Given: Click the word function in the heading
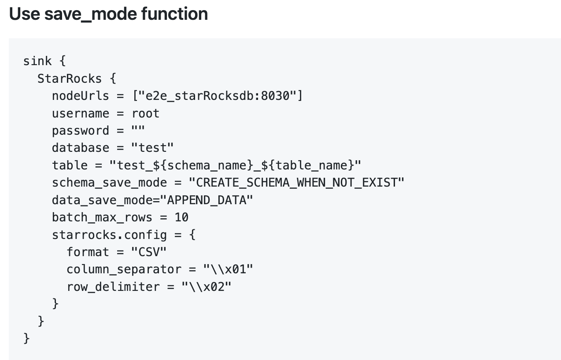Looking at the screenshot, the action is pyautogui.click(x=174, y=14).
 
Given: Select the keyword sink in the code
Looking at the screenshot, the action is pyautogui.click(x=37, y=61).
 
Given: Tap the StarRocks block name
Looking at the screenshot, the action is pyautogui.click(x=70, y=79).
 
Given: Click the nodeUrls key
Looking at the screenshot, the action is pyautogui.click(x=81, y=96).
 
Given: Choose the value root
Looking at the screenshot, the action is pyautogui.click(x=145, y=114).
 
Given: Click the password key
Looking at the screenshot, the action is pyautogui.click(x=81, y=131).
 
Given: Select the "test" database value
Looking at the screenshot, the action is pyautogui.click(x=152, y=148).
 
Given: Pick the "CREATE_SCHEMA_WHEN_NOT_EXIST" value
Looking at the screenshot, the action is pyautogui.click(x=296, y=183).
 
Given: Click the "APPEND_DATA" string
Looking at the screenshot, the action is pyautogui.click(x=207, y=200).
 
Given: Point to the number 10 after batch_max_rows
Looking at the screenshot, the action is pyautogui.click(x=181, y=217).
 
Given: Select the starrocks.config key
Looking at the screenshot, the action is pyautogui.click(x=109, y=235).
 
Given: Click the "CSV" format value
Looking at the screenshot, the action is pyautogui.click(x=149, y=252).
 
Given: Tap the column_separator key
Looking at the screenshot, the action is pyautogui.click(x=124, y=270).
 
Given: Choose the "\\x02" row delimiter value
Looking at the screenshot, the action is pyautogui.click(x=207, y=287).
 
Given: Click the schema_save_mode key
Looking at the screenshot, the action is pyautogui.click(x=109, y=183).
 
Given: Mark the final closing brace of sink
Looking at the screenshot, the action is pyautogui.click(x=26, y=338).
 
